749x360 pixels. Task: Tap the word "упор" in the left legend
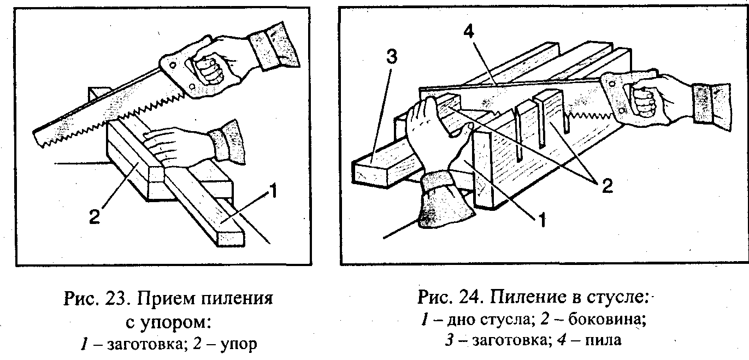point(237,344)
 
